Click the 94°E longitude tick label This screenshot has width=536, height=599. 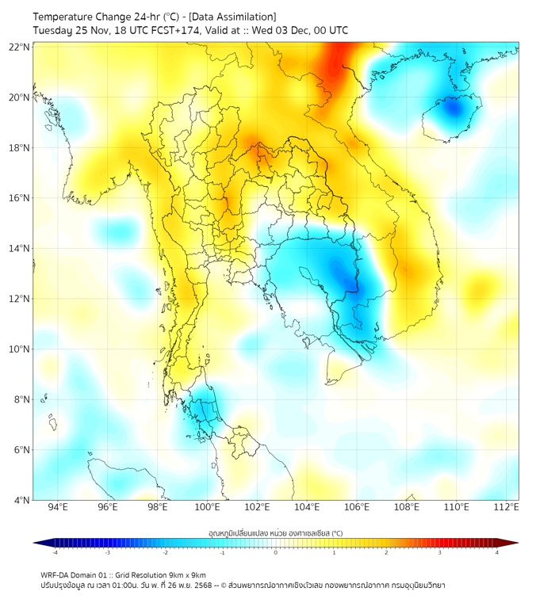pyautogui.click(x=58, y=508)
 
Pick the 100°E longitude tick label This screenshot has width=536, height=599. pyautogui.click(x=207, y=508)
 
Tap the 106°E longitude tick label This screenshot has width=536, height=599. pyautogui.click(x=357, y=508)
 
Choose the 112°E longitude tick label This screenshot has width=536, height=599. pyautogui.click(x=506, y=508)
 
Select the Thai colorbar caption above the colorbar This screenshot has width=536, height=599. pyautogui.click(x=275, y=532)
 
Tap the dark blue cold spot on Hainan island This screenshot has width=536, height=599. pyautogui.click(x=453, y=109)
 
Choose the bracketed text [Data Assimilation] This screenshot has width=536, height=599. pyautogui.click(x=234, y=17)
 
